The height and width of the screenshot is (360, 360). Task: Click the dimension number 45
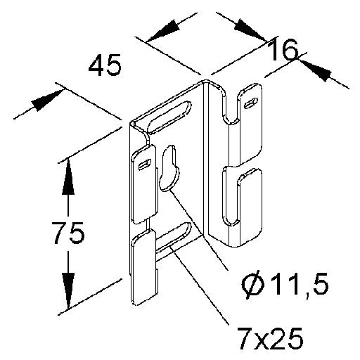[x=105, y=65]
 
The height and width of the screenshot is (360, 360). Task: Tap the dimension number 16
[x=283, y=51]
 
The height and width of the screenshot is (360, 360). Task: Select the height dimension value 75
[x=68, y=233]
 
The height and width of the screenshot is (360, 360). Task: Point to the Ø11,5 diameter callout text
[x=285, y=285]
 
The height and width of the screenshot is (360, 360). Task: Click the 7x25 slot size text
[x=269, y=337]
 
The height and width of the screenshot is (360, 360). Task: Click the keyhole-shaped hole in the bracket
[x=169, y=168]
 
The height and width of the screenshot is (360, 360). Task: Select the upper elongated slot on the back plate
[x=170, y=117]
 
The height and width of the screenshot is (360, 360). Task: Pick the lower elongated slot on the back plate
[x=173, y=240]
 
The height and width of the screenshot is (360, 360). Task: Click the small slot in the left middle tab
[x=145, y=164]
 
